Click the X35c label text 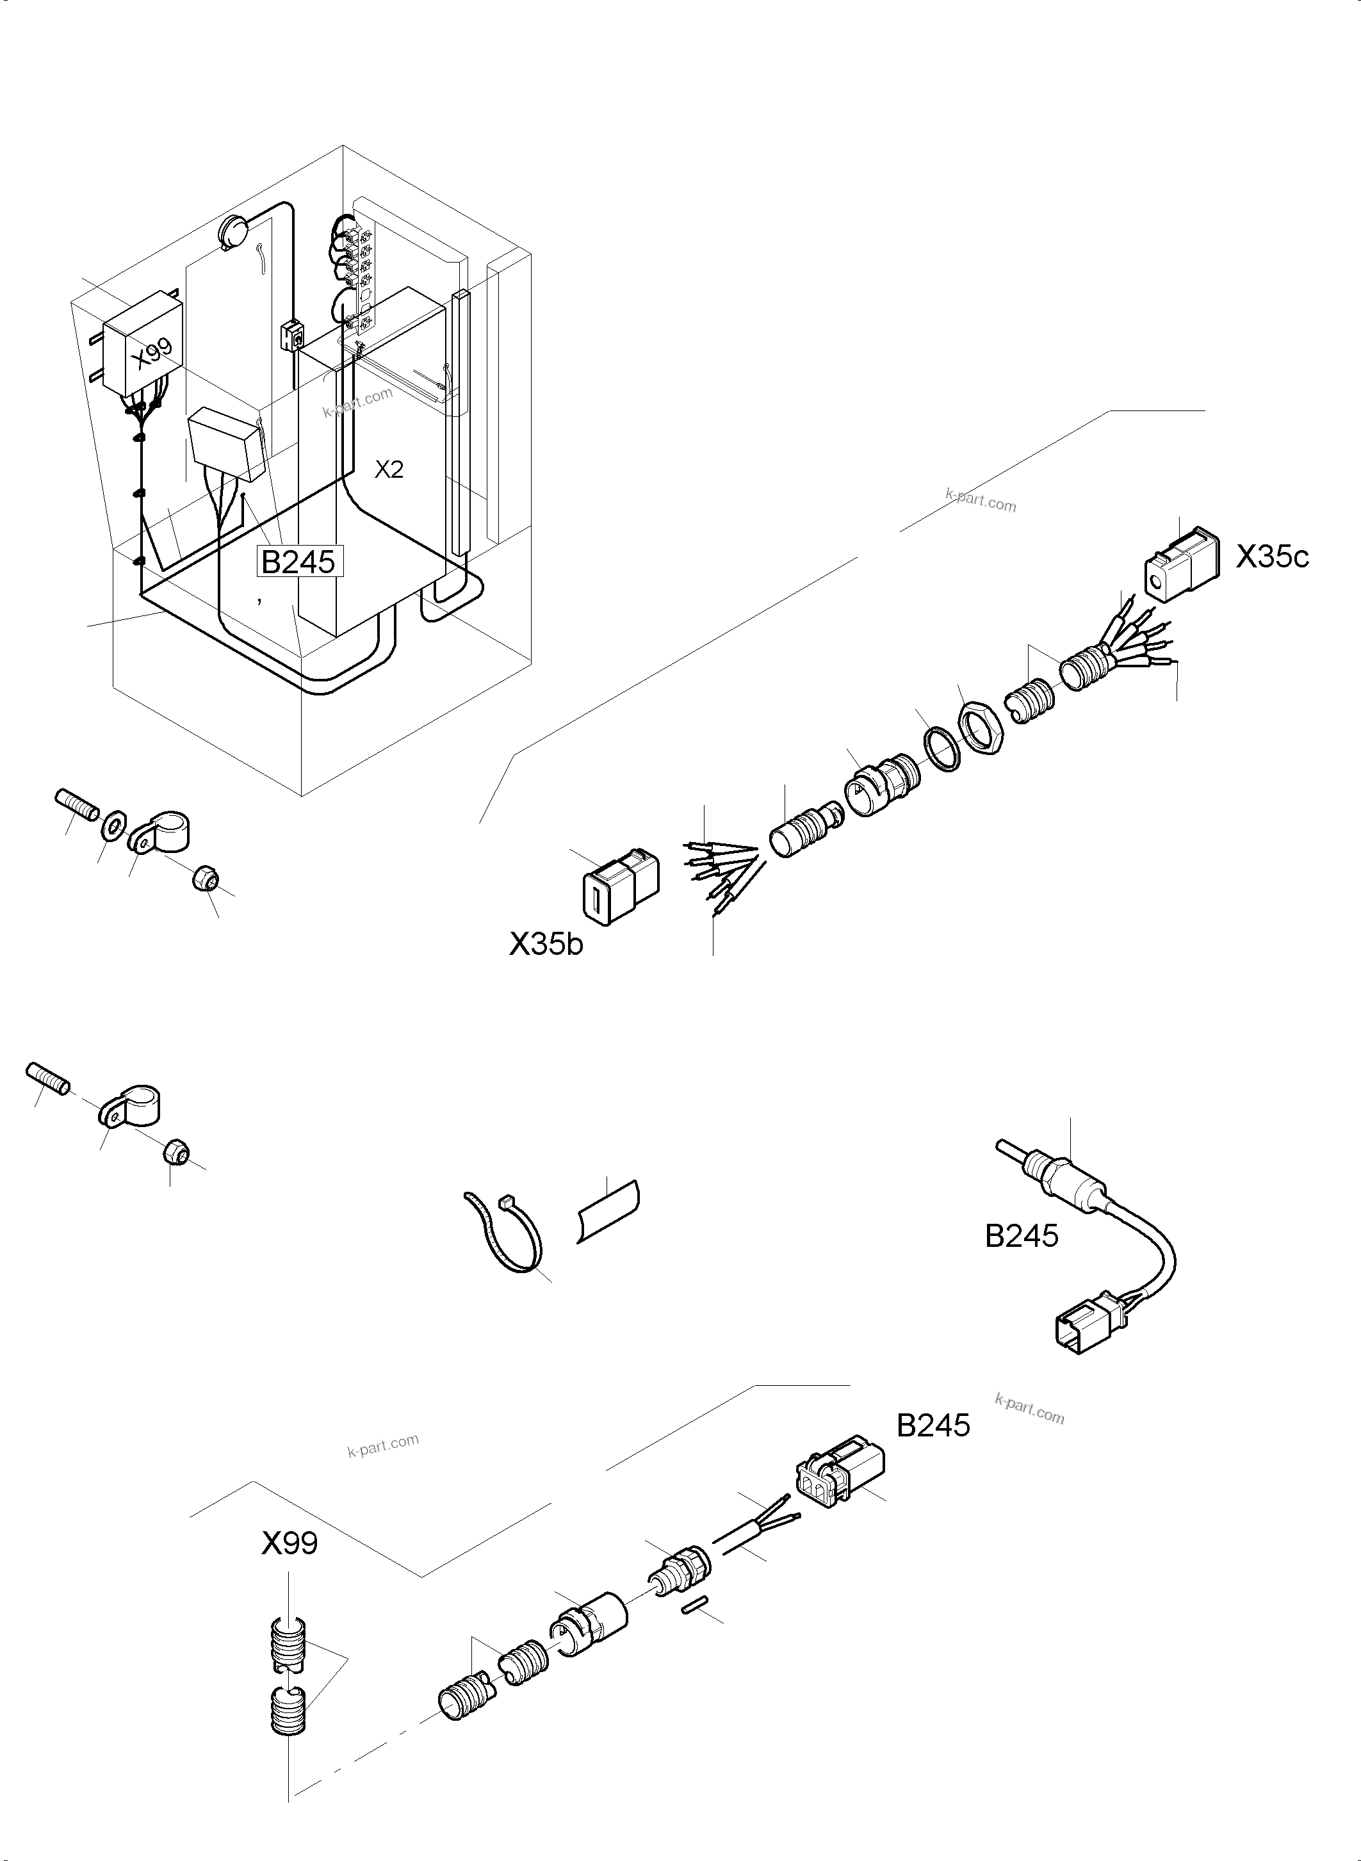(x=1271, y=557)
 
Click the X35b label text (x=546, y=943)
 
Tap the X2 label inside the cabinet (x=389, y=469)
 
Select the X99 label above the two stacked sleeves (x=289, y=1543)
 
